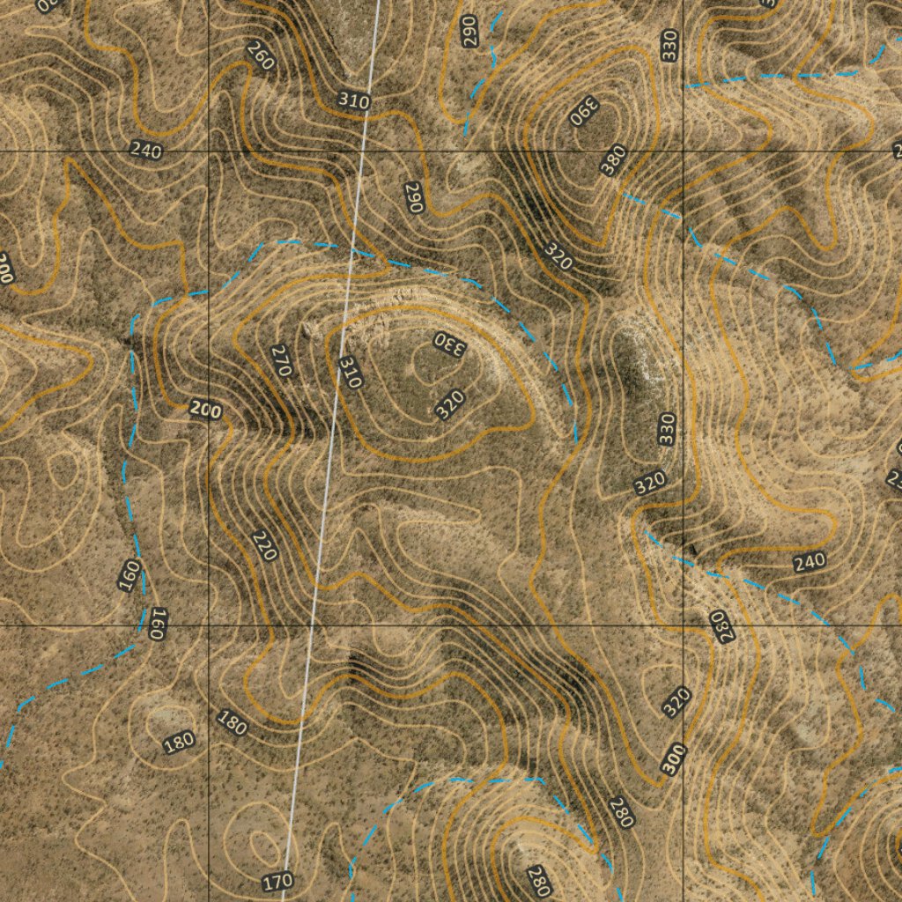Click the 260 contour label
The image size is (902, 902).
click(x=260, y=56)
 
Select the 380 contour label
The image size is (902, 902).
click(x=614, y=159)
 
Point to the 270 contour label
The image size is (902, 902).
click(x=281, y=361)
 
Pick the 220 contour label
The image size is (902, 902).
click(x=263, y=545)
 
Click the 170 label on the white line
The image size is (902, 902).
click(x=278, y=880)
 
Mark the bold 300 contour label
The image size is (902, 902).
click(x=674, y=759)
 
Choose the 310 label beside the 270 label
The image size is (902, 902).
click(x=350, y=373)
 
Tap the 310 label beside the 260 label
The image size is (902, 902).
click(x=353, y=101)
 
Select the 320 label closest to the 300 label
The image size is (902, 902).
click(x=676, y=701)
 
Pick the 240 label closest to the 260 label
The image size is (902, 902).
click(x=146, y=151)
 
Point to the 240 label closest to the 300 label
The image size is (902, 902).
click(x=809, y=561)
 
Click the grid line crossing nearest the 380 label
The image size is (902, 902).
click(x=684, y=152)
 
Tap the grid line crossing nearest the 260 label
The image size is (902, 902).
click(x=208, y=152)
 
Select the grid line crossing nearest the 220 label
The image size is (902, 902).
click(x=208, y=625)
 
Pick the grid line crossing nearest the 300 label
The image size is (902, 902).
click(x=684, y=625)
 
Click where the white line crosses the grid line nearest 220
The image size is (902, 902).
click(x=312, y=625)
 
